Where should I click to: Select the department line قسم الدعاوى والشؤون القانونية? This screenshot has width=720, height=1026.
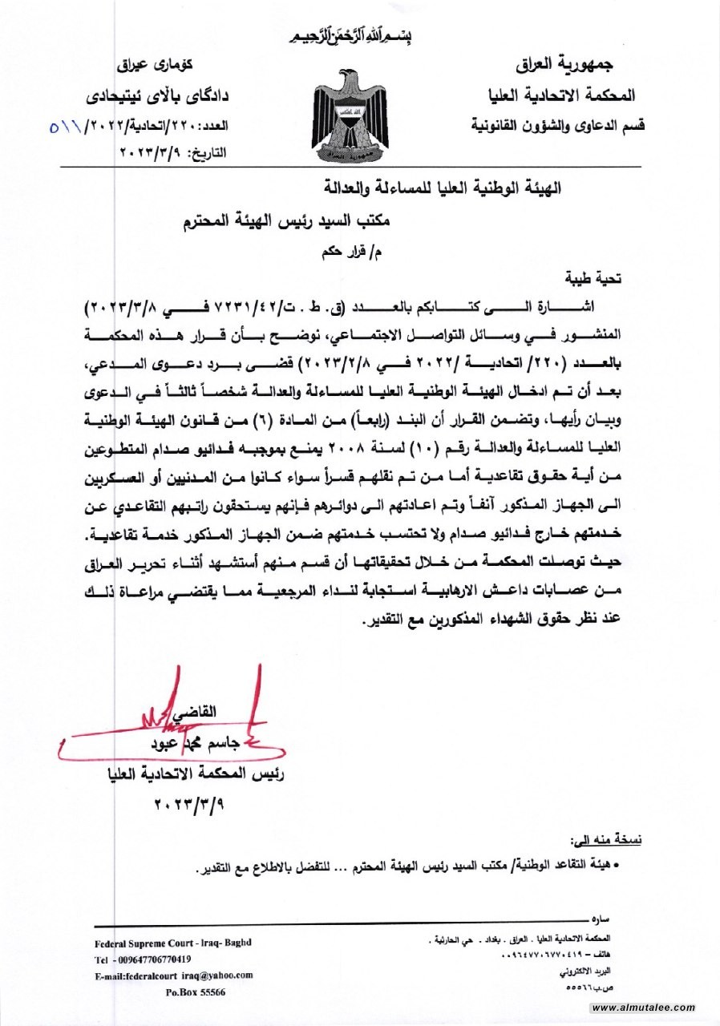(x=554, y=125)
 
